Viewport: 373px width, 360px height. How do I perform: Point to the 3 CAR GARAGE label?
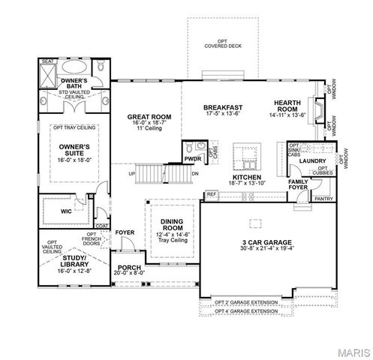pos(257,241)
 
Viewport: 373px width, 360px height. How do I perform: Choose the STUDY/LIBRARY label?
pos(74,259)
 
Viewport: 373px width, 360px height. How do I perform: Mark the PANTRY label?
pos(324,199)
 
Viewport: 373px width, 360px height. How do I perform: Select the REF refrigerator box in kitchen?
pos(211,194)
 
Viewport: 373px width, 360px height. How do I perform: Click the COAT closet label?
pos(102,223)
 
